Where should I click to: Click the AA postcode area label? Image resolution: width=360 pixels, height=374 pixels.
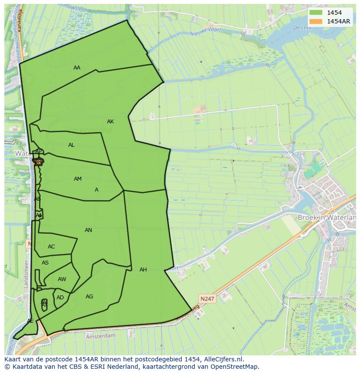[x=77, y=68]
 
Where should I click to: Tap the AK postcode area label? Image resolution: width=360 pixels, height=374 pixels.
[x=110, y=122]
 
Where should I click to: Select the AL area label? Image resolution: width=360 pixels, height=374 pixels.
[x=71, y=145]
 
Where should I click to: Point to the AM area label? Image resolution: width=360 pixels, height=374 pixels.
[x=78, y=179]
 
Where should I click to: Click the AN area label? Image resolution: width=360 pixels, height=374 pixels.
[x=88, y=230]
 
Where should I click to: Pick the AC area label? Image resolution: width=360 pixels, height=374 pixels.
[x=51, y=247]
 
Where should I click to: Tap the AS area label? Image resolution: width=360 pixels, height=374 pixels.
[x=45, y=263]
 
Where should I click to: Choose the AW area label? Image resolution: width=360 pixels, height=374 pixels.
[x=62, y=279]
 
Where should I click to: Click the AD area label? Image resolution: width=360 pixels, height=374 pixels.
[x=60, y=298]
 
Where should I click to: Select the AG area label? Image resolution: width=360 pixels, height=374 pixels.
[x=89, y=297]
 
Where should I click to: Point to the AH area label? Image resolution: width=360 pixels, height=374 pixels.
[x=143, y=270]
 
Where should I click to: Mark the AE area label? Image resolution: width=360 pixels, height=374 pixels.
[x=30, y=321]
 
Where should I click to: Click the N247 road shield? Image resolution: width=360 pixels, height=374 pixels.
[x=207, y=299]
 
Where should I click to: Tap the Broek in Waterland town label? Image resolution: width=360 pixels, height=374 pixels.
[x=326, y=217]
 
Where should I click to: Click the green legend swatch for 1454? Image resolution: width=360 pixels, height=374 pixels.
[x=317, y=13]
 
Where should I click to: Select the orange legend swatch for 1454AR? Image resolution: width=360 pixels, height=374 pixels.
[x=317, y=21]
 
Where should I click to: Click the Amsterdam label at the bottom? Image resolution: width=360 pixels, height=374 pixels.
[x=100, y=336]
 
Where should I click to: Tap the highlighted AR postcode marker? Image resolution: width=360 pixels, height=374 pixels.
[x=38, y=162]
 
